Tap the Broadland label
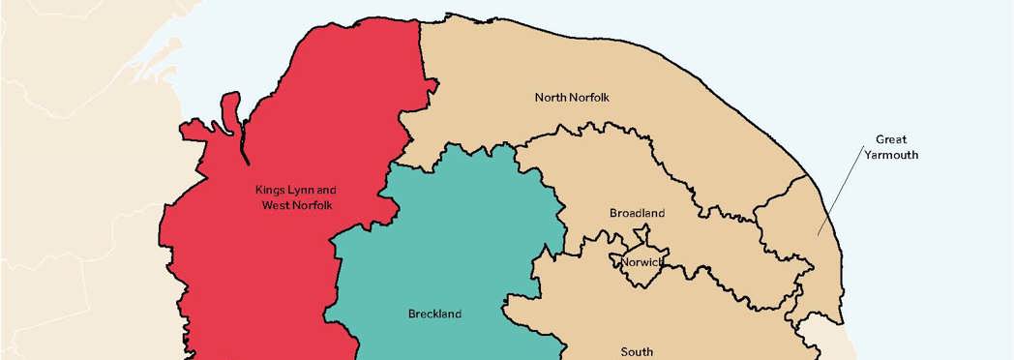coord(637,213)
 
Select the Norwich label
coord(641,262)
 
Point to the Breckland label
coord(434,314)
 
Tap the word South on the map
coord(637,351)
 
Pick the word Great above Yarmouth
coord(891,138)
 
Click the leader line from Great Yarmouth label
coord(838,194)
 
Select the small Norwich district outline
coord(641,274)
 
